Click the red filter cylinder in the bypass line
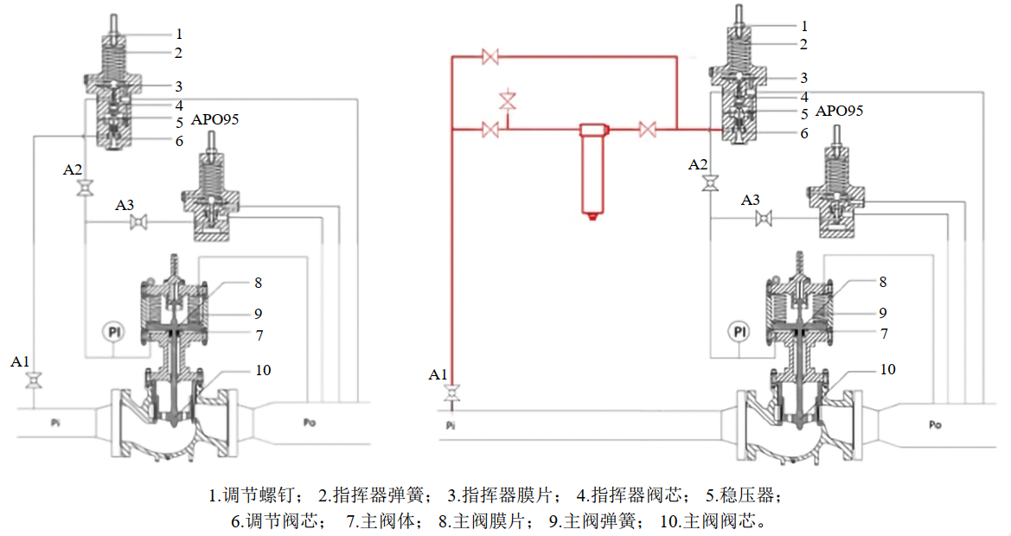click(592, 169)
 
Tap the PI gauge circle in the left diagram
click(113, 331)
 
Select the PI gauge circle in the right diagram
click(739, 331)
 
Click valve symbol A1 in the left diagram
click(35, 381)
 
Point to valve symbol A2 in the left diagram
click(85, 188)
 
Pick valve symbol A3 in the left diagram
click(137, 223)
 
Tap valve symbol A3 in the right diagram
click(763, 220)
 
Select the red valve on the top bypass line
click(490, 57)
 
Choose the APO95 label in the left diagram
click(214, 119)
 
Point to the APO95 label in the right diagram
click(839, 111)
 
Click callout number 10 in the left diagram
click(263, 370)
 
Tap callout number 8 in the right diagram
click(883, 282)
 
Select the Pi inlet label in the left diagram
click(55, 424)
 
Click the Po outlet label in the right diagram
click(935, 424)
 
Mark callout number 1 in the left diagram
click(179, 35)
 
